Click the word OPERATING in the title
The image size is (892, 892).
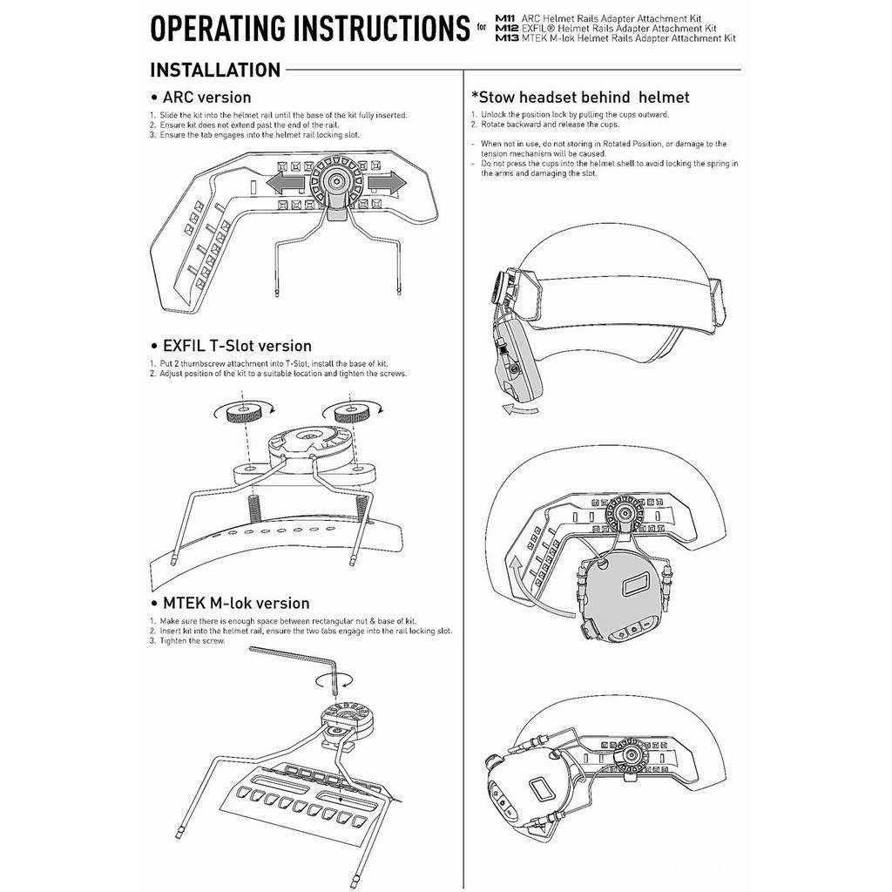pyautogui.click(x=219, y=28)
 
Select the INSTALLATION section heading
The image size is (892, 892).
pyautogui.click(x=215, y=70)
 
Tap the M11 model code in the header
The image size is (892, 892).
pyautogui.click(x=505, y=17)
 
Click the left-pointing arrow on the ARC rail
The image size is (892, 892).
pyautogui.click(x=286, y=183)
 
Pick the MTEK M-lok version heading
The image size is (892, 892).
pyautogui.click(x=235, y=603)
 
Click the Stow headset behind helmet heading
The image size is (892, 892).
pyautogui.click(x=580, y=98)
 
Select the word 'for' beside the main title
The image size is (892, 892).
pyautogui.click(x=483, y=28)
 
